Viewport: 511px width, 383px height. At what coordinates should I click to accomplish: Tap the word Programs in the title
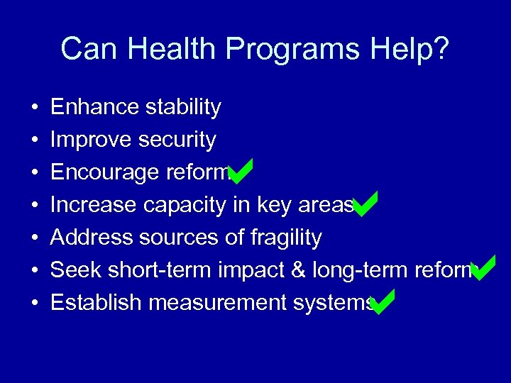point(295,50)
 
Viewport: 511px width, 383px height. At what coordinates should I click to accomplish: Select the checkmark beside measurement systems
point(383,302)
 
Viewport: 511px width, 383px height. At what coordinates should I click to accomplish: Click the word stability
point(182,107)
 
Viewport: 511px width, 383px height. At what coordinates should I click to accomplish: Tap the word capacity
point(185,205)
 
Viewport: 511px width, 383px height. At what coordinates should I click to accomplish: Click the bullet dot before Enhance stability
point(34,108)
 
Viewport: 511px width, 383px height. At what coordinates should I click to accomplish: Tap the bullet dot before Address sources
point(34,238)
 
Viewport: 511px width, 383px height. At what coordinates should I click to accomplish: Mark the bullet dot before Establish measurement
point(34,304)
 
